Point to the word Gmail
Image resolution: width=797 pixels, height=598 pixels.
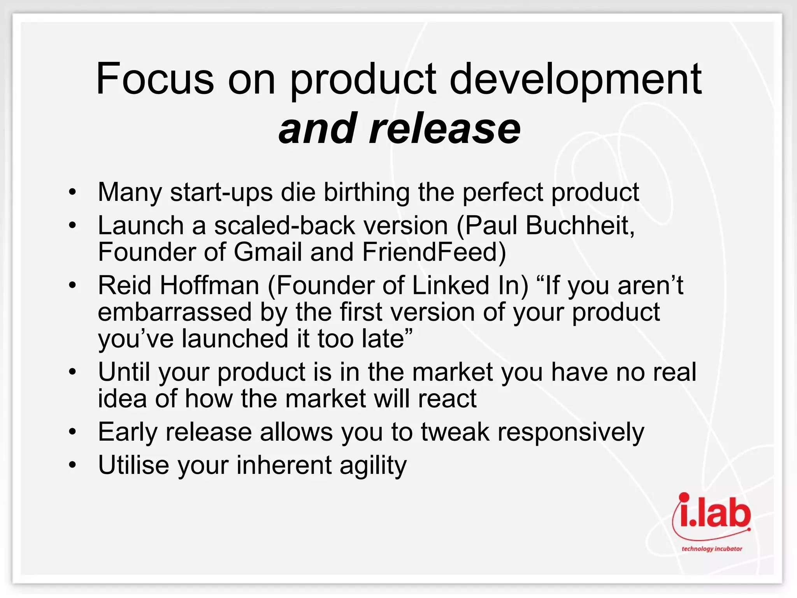pyautogui.click(x=268, y=252)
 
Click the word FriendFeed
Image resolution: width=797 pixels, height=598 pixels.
pyautogui.click(x=434, y=252)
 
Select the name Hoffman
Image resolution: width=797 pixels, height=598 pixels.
pyautogui.click(x=209, y=286)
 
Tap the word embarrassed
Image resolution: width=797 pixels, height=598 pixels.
pyautogui.click(x=175, y=313)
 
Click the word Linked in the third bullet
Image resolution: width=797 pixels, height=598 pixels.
pyautogui.click(x=450, y=286)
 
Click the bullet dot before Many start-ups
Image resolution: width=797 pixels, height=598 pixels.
pyautogui.click(x=72, y=193)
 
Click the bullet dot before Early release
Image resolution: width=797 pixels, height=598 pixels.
pyautogui.click(x=72, y=433)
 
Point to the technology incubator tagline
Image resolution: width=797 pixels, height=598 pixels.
pyautogui.click(x=711, y=549)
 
